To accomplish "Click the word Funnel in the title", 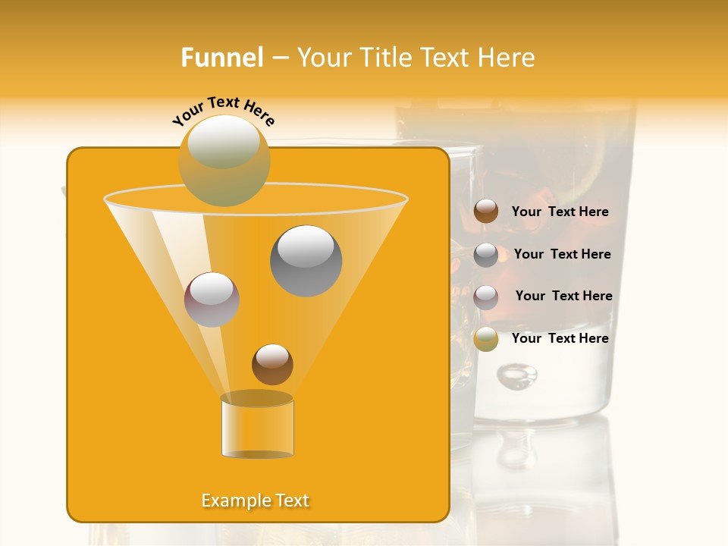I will pos(221,58).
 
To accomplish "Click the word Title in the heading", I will pos(385,58).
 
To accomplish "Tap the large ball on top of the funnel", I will pos(224,160).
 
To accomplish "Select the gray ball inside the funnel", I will pos(306,261).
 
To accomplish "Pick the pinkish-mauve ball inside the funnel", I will pos(212,300).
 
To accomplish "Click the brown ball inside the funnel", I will pos(272,364).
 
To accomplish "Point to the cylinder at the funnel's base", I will pos(257,428).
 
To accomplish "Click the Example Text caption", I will pos(256,500).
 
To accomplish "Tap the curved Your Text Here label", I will pos(224,110).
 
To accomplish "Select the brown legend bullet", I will pos(486,212).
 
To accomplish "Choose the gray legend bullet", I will pos(486,255).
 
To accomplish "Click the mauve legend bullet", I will pos(486,297).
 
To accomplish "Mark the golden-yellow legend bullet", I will pos(486,339).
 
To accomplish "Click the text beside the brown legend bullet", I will pos(560,212).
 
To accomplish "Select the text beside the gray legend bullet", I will pos(562,254).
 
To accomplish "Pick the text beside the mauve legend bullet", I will pos(563,296).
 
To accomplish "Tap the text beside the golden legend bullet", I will pos(560,338).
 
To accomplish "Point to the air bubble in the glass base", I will pos(517,374).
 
